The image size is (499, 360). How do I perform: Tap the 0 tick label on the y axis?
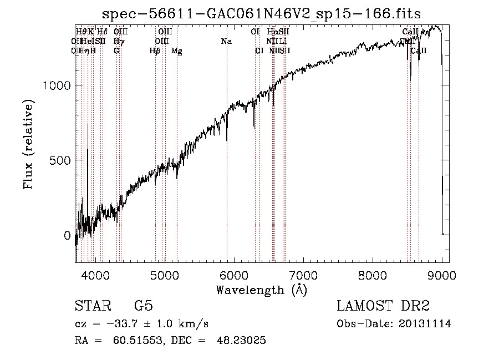68,236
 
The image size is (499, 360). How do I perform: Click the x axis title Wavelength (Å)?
262,290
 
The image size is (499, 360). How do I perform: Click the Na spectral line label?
226,41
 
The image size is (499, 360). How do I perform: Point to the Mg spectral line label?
177,51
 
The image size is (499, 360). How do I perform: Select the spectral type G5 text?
144,306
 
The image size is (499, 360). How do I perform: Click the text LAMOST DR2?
383,306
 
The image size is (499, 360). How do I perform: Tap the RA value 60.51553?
137,341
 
